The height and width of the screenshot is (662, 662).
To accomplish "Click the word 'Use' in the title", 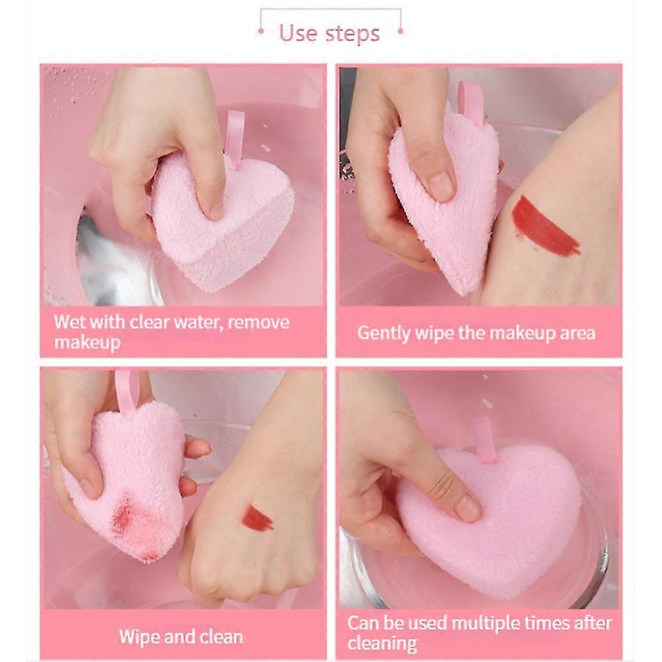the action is pyautogui.click(x=298, y=33).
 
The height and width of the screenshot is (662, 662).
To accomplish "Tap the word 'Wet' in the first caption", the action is pyautogui.click(x=70, y=322).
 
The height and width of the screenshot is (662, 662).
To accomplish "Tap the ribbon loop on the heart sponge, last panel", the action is pyautogui.click(x=485, y=440).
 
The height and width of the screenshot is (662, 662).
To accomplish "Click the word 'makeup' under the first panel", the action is pyautogui.click(x=87, y=342).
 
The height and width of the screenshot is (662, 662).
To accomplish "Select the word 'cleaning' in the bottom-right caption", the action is pyautogui.click(x=382, y=644).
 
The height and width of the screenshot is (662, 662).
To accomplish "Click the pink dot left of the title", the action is pyautogui.click(x=261, y=31).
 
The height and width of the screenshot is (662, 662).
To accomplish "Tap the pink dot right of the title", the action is pyautogui.click(x=401, y=31).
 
